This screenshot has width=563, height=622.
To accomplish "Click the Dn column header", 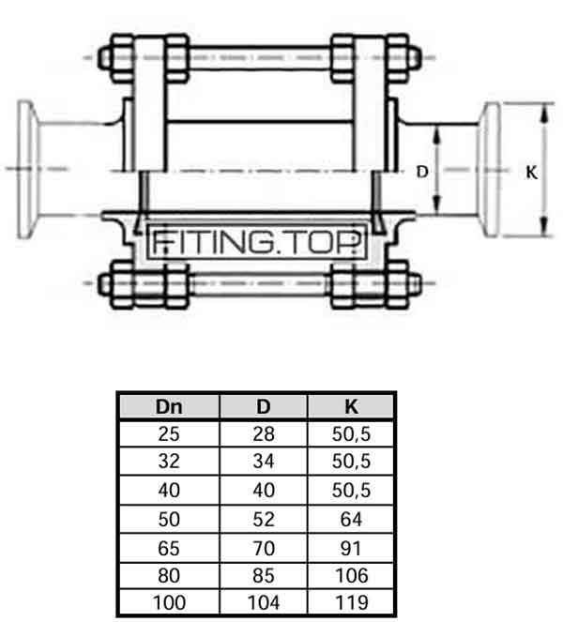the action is point(169,407).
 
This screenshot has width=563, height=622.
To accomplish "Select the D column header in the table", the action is point(264,407).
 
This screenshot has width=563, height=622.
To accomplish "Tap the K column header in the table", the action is point(351,407).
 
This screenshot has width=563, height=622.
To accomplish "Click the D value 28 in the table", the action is point(264,434).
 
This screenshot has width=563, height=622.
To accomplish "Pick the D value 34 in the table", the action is point(264,462).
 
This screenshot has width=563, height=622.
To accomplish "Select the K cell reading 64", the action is point(351,519).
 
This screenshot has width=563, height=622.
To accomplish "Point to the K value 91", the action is point(351,548).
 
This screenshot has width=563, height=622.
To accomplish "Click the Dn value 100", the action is point(170,602).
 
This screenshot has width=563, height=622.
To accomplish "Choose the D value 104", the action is point(264,602).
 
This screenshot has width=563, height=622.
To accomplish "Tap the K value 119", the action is point(352,602).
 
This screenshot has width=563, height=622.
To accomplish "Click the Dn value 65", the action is point(169,548).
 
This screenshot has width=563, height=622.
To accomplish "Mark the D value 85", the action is point(264,576).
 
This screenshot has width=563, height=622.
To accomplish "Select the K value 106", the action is point(352,576).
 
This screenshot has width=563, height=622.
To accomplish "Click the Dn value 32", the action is point(169,462).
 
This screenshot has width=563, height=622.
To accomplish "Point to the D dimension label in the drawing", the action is point(422,172).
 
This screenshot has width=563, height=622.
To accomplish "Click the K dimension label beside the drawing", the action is point(532,173).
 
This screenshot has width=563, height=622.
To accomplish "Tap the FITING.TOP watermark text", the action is point(257,242).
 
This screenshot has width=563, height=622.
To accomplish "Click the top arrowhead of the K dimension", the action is point(545,112).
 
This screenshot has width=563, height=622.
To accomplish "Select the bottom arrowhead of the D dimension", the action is point(436,205).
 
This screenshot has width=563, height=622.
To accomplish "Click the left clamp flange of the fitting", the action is point(26,170).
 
